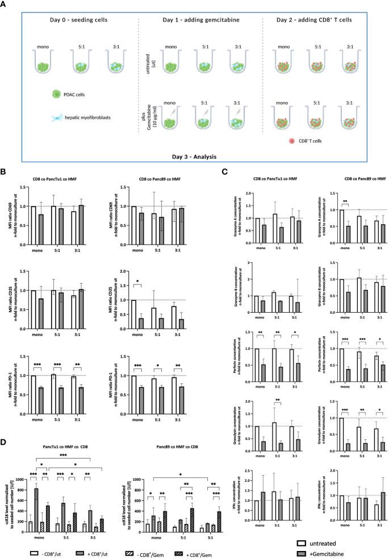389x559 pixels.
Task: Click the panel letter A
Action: (6, 5)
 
